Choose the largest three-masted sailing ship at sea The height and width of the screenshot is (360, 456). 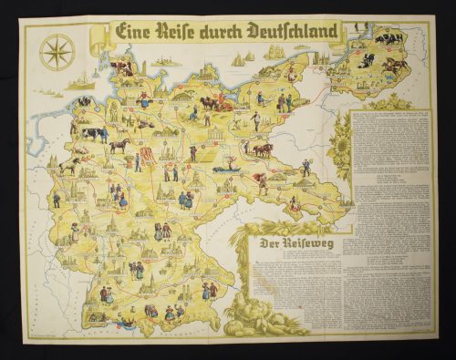click(x=238, y=59)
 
